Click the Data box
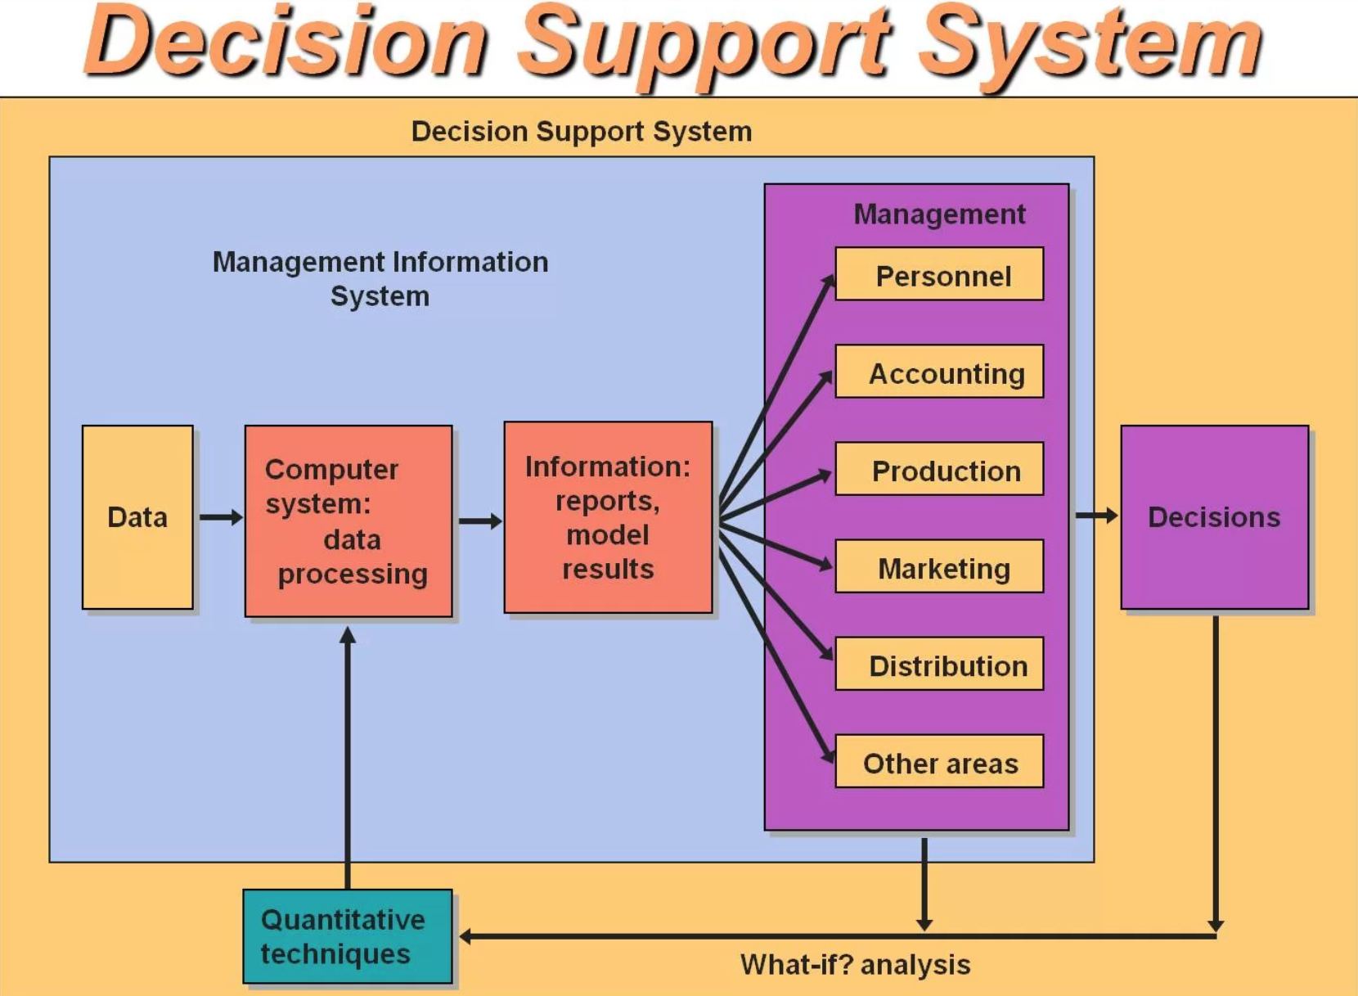pos(137,517)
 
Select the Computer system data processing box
pos(348,521)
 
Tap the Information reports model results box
pos(608,517)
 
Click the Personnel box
pos(939,275)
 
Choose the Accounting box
pos(939,372)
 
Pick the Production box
pos(939,470)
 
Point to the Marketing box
pos(939,567)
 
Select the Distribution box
pos(939,665)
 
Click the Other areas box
pos(939,762)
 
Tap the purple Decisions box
pos(1214,517)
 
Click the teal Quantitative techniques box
pos(348,936)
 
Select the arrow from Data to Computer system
pos(220,517)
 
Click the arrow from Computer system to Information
pos(479,521)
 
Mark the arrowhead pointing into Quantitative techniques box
pos(466,936)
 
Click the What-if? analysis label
pos(855,965)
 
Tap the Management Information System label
pos(380,278)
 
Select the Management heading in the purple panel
pos(939,214)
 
